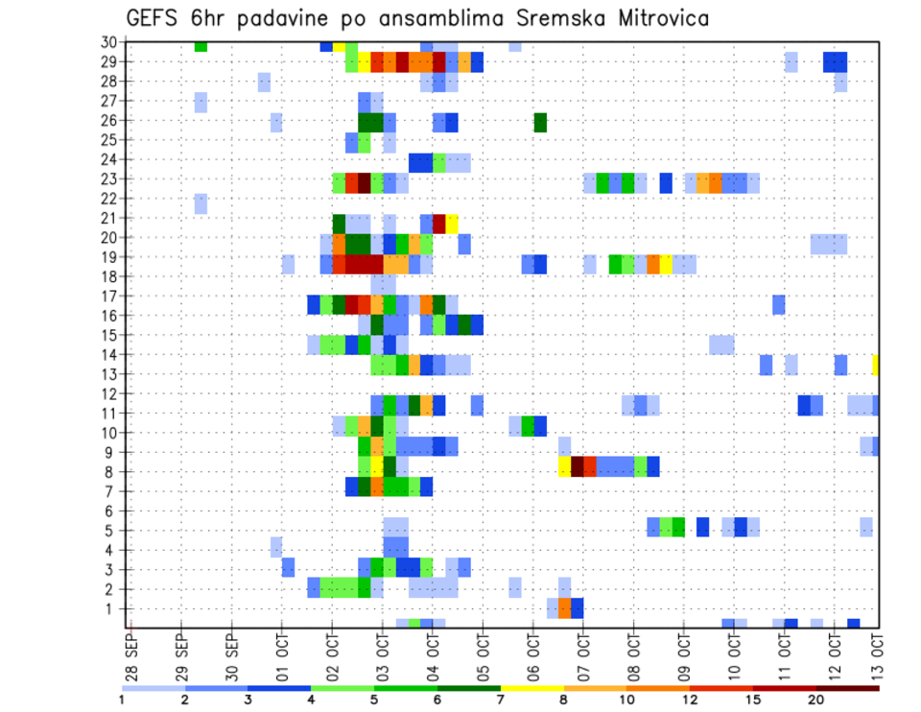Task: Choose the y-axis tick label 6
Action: pos(111,510)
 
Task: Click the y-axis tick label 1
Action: pos(111,608)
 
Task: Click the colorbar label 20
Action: pos(816,700)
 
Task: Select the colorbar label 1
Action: pos(122,700)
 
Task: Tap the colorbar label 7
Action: pos(501,700)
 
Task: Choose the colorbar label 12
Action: pos(690,700)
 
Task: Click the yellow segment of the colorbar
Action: pos(532,687)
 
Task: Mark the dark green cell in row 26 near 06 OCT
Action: pos(540,122)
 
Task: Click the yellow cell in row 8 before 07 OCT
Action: pos(565,466)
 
